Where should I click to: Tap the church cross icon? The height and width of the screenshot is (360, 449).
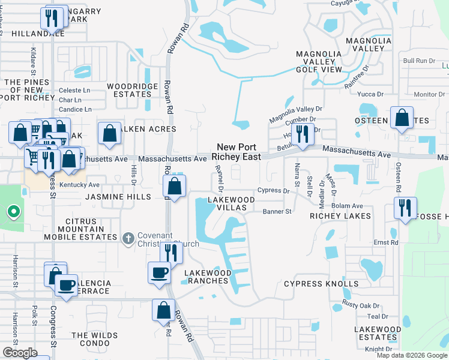127,239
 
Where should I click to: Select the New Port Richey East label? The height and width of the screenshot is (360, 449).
239,152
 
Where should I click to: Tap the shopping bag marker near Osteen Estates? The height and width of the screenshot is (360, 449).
402,118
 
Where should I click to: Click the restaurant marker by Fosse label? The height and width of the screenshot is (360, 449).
405,208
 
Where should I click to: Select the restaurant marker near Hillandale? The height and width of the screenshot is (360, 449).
52,18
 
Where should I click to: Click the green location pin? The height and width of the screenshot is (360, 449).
12,212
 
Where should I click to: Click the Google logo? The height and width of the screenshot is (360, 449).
20,353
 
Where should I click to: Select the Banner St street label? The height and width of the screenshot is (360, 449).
277,211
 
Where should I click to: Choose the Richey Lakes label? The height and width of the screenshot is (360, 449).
333,215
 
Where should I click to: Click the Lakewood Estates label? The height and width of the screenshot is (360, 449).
378,334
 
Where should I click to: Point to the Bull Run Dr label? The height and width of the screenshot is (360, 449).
418,61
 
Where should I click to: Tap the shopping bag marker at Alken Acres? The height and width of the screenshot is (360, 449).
109,134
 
